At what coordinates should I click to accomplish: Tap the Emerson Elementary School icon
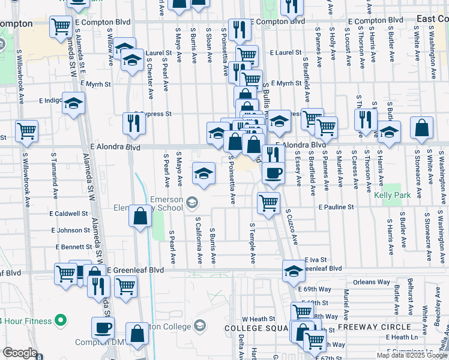(191, 202)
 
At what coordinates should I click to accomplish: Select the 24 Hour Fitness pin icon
(59, 320)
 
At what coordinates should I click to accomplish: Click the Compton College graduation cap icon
(199, 326)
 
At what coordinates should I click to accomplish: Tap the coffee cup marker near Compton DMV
(103, 328)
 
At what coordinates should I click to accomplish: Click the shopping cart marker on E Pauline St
(268, 202)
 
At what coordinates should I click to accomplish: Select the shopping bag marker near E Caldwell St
(140, 217)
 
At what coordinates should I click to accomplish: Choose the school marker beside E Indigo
(73, 104)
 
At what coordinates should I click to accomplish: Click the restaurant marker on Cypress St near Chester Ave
(134, 124)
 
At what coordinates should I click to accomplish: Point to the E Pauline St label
(337, 207)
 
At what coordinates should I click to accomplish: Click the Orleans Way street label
(372, 281)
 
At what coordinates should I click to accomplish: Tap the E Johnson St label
(70, 230)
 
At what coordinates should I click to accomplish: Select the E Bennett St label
(74, 247)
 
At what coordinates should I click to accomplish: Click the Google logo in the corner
(20, 353)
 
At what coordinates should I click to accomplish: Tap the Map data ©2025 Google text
(412, 355)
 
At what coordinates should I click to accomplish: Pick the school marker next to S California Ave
(203, 174)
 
